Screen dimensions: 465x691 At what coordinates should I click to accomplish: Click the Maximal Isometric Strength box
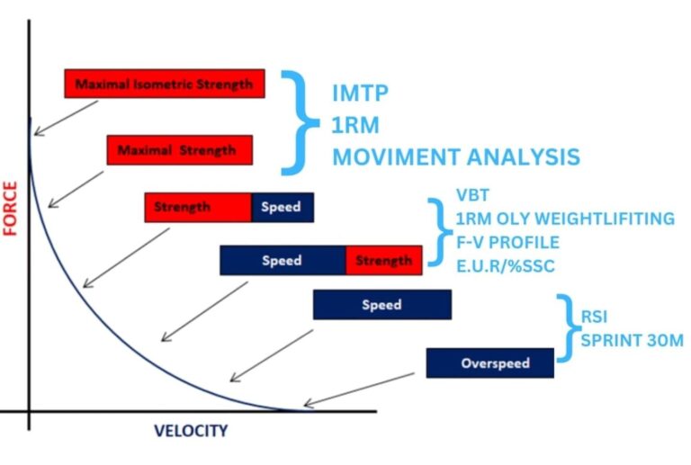point(165,84)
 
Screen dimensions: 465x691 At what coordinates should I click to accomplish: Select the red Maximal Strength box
point(179,149)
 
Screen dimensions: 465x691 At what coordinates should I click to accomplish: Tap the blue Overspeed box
point(489,363)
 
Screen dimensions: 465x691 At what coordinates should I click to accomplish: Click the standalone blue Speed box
point(381,305)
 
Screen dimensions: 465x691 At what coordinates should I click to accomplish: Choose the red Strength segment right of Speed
point(384,261)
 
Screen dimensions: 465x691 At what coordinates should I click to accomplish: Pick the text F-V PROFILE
point(507,242)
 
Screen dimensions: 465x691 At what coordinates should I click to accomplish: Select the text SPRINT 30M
point(632,341)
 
